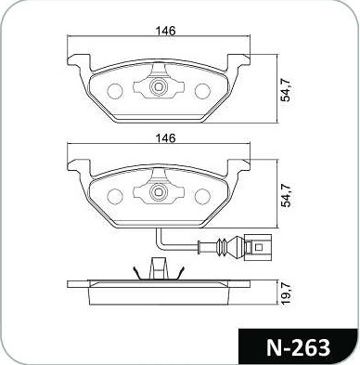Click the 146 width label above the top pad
(165, 31)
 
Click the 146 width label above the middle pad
(165, 137)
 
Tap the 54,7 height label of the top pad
(285, 89)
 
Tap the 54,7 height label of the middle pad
(285, 195)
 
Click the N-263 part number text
(299, 347)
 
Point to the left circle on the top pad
(115, 91)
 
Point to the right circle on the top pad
(202, 91)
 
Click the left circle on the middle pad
(115, 197)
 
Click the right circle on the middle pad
(202, 197)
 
